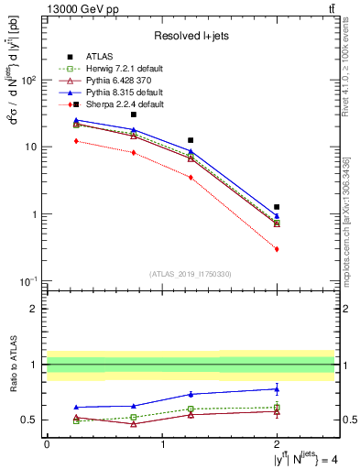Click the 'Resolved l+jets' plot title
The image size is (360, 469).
tap(191, 37)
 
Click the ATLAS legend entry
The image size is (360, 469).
tap(100, 56)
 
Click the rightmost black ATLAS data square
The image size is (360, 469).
tap(277, 207)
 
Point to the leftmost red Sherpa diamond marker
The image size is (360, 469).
tap(75, 141)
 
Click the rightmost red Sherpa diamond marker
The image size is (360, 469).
tap(277, 249)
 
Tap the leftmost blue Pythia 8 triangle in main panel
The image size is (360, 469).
tap(75, 120)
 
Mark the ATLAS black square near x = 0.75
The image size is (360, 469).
tap(133, 115)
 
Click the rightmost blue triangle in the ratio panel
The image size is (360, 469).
tap(277, 388)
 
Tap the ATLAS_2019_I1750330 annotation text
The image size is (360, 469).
tap(191, 274)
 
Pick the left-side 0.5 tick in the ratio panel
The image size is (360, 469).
tap(31, 420)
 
